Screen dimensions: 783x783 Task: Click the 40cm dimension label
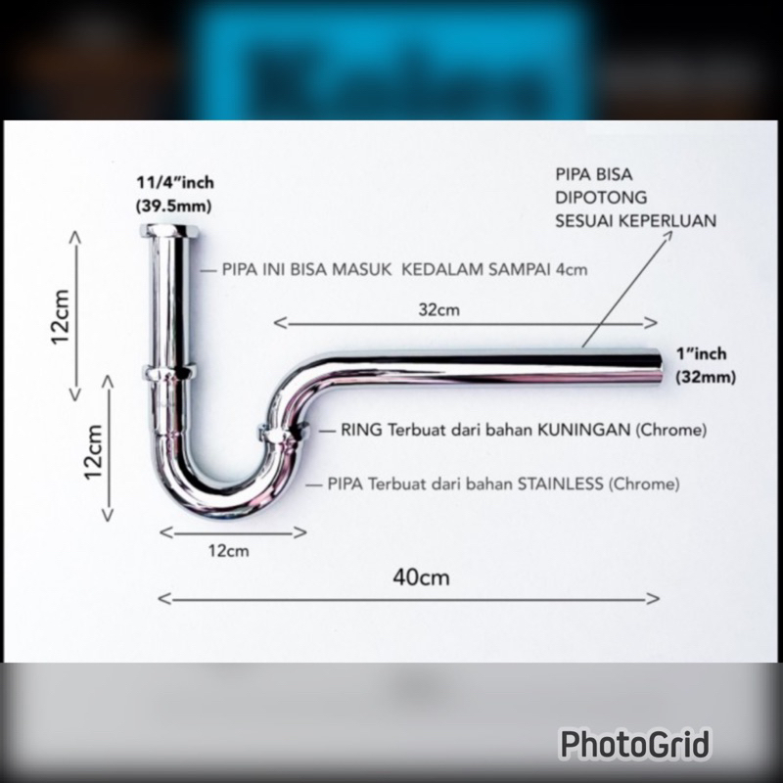pos(421,577)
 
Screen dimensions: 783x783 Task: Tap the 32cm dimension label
pos(438,310)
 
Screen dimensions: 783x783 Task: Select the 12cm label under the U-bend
pos(229,551)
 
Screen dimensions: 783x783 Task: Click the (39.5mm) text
pos(174,206)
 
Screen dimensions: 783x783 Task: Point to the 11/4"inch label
pos(175,183)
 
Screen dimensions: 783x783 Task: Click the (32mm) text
pos(706,377)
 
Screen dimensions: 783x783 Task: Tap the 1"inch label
pos(701,354)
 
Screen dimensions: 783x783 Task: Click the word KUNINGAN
pos(583,430)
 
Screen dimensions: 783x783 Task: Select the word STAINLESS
pos(560,484)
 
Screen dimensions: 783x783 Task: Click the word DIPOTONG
pos(601,198)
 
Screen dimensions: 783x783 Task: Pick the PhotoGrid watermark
pos(634,744)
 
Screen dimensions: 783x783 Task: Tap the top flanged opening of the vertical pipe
pos(169,231)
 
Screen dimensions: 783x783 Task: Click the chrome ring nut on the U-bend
pos(283,433)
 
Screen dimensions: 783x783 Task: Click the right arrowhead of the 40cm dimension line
pos(653,598)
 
